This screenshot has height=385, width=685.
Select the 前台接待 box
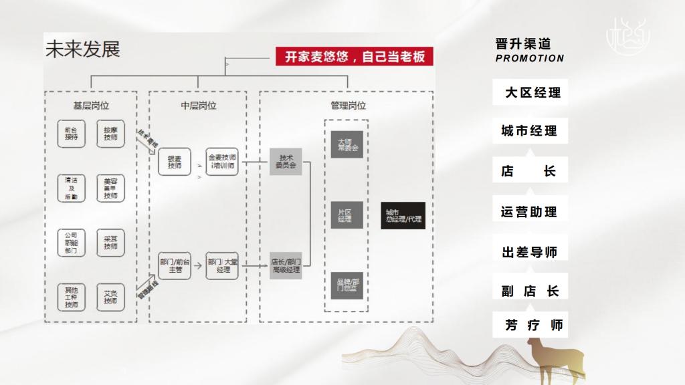(72, 133)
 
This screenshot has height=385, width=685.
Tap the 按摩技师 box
(110, 133)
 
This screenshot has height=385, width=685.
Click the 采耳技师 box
(110, 241)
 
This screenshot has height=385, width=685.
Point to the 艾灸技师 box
(110, 296)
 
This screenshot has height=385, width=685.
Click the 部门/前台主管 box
(175, 265)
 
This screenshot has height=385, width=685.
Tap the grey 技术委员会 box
(286, 161)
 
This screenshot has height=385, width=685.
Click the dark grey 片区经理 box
(345, 215)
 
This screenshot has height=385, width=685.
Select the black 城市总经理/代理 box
(403, 215)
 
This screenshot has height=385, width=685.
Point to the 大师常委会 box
(346, 144)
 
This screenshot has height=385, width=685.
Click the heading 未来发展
(82, 49)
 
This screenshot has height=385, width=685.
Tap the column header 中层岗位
(199, 106)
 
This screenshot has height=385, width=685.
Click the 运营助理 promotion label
(529, 213)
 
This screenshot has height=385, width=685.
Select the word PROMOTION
(530, 58)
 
